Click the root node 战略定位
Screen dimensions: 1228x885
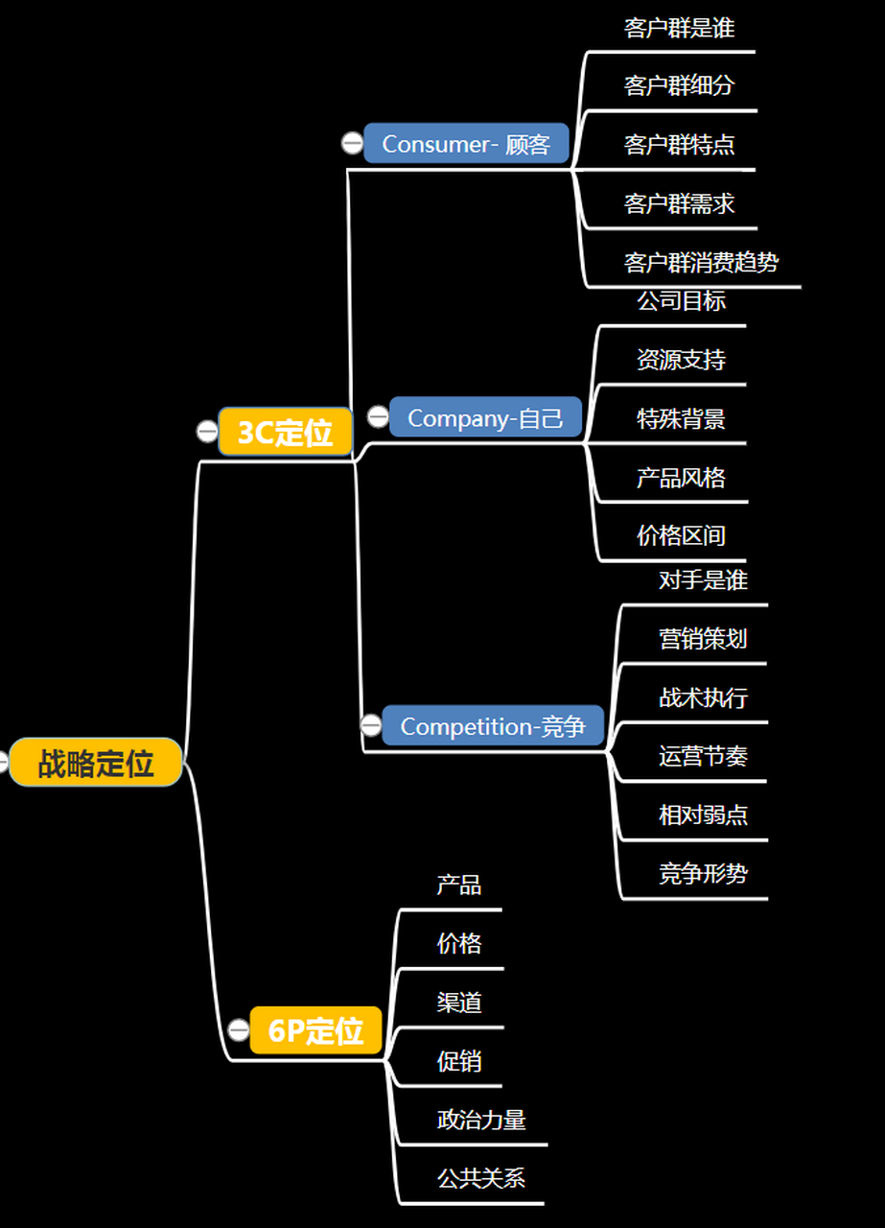click(x=96, y=764)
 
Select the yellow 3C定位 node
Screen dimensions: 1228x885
click(x=286, y=432)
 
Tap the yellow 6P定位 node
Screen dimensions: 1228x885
click(x=315, y=1030)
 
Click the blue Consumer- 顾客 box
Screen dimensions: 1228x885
click(x=466, y=144)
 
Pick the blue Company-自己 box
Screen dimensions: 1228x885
click(x=485, y=417)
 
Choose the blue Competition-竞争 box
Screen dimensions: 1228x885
click(x=493, y=726)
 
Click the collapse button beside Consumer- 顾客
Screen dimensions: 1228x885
click(x=352, y=144)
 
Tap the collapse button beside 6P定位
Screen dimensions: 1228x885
click(x=239, y=1030)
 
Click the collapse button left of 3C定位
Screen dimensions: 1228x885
click(x=207, y=432)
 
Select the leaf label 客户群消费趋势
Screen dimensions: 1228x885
click(x=701, y=262)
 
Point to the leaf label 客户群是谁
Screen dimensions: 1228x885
click(x=679, y=28)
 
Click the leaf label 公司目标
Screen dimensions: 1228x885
click(x=681, y=300)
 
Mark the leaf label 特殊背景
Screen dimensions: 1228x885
click(x=681, y=418)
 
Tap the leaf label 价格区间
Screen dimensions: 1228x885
click(x=681, y=535)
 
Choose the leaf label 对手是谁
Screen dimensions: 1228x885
click(x=703, y=579)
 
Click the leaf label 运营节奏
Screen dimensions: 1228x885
click(x=703, y=756)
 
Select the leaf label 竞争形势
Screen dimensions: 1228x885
click(x=703, y=873)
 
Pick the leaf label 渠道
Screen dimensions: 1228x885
click(x=459, y=1003)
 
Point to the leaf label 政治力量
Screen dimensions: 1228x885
click(x=481, y=1120)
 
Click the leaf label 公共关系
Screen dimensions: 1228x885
click(x=481, y=1178)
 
